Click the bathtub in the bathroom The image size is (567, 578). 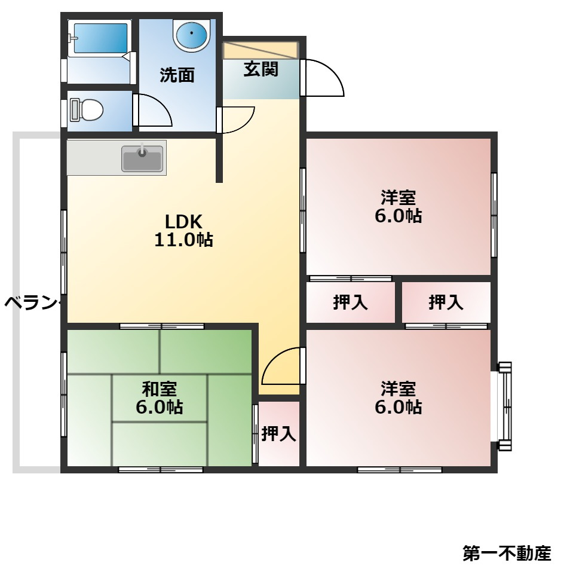coord(99,39)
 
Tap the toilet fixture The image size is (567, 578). coord(87,110)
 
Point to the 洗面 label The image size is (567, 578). coord(177,75)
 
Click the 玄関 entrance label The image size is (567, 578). coord(261,69)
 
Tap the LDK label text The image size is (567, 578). coord(183,222)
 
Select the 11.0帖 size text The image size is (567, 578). coord(183,240)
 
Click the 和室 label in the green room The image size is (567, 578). coord(159,389)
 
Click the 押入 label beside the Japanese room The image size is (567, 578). coord(278,434)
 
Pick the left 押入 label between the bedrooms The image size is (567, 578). coord(350,303)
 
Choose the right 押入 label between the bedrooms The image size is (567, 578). coord(446,303)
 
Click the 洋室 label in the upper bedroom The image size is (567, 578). coord(398,197)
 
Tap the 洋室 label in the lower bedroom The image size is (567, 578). coord(398,389)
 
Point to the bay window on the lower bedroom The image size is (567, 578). coord(504,406)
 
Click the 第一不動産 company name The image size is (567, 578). coord(507,553)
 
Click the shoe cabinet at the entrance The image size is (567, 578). coord(260,50)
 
